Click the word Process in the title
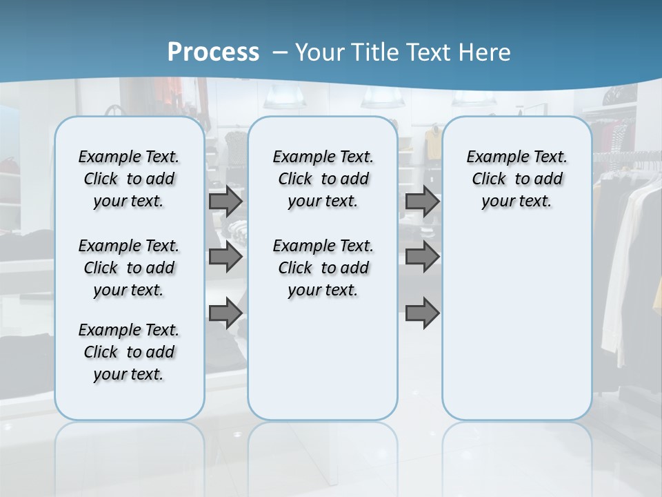point(213,52)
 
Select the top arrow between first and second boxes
point(225,202)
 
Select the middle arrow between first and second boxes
point(225,257)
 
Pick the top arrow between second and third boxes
point(422,202)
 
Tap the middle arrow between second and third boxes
point(422,257)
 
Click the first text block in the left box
point(129,179)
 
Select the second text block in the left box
point(129,268)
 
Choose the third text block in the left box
point(129,352)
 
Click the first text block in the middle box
point(323,179)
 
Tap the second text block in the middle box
point(323,268)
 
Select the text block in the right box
point(516,179)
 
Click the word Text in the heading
point(433,52)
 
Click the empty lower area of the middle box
point(323,359)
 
